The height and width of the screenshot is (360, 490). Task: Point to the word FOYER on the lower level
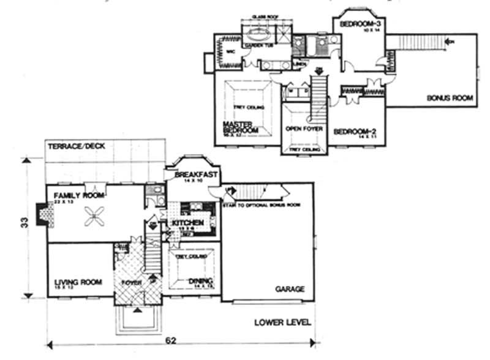[130, 282]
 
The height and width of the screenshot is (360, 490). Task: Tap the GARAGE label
[290, 288]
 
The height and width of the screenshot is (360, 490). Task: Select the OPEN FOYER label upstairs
[304, 130]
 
